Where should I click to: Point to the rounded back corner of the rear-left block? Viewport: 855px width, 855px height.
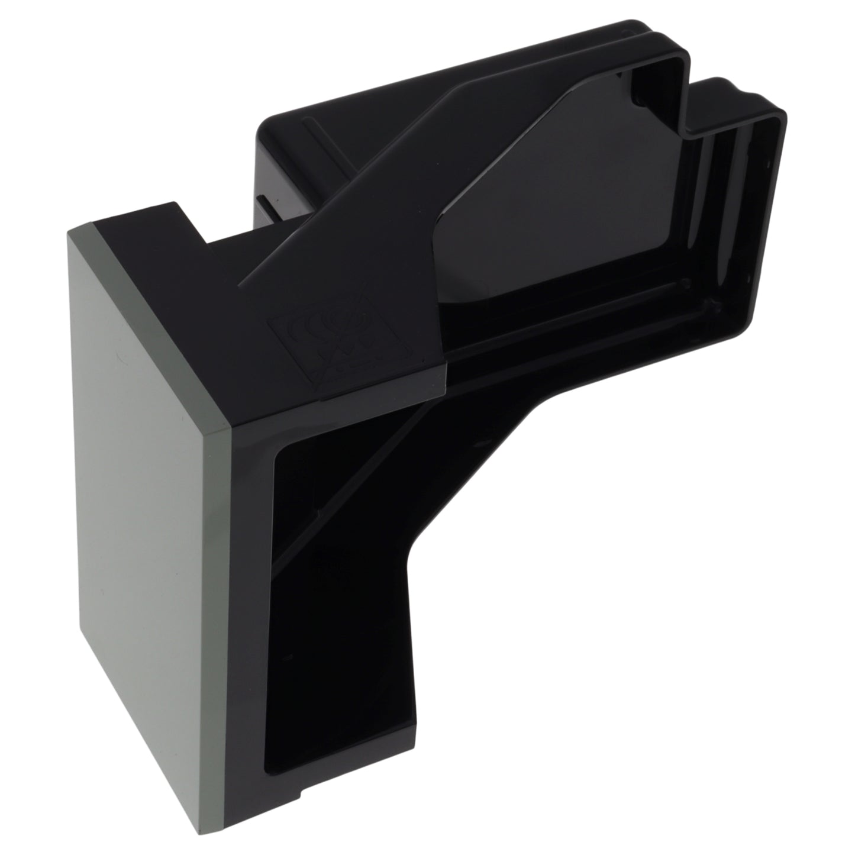click(x=260, y=127)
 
